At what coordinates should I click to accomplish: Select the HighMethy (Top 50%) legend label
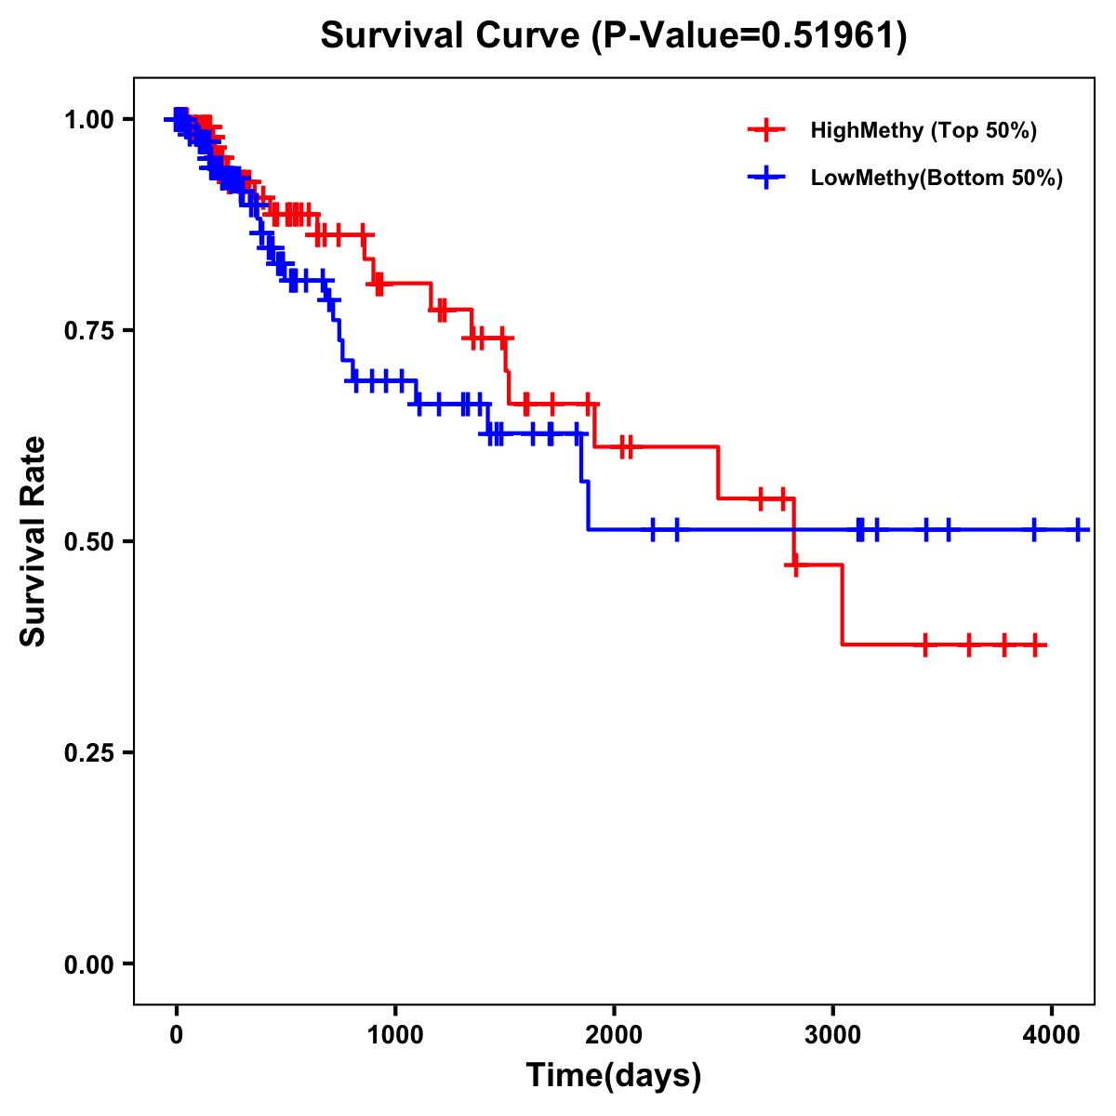(x=923, y=130)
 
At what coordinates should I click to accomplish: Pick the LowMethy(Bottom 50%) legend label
(x=936, y=178)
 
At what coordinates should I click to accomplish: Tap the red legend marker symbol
(x=766, y=130)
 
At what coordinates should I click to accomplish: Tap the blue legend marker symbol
(x=766, y=178)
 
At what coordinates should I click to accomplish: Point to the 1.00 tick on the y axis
(x=88, y=119)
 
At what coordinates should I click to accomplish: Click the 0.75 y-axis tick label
(x=88, y=330)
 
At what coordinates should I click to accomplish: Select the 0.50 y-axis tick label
(x=88, y=541)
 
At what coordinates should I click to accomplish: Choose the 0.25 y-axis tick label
(x=88, y=752)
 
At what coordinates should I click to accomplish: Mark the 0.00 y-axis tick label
(x=88, y=963)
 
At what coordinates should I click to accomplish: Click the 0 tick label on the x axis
(x=177, y=1035)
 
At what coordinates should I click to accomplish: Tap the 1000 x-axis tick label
(x=395, y=1035)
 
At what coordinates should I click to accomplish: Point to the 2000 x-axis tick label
(x=614, y=1035)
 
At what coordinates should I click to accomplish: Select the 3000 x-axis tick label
(x=832, y=1035)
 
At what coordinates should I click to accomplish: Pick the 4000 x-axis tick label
(x=1051, y=1035)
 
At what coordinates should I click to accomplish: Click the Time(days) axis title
(x=614, y=1076)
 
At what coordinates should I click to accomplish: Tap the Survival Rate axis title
(x=33, y=541)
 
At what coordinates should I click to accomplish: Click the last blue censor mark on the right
(x=1077, y=529)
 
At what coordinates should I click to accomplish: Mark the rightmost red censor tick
(x=1035, y=644)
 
